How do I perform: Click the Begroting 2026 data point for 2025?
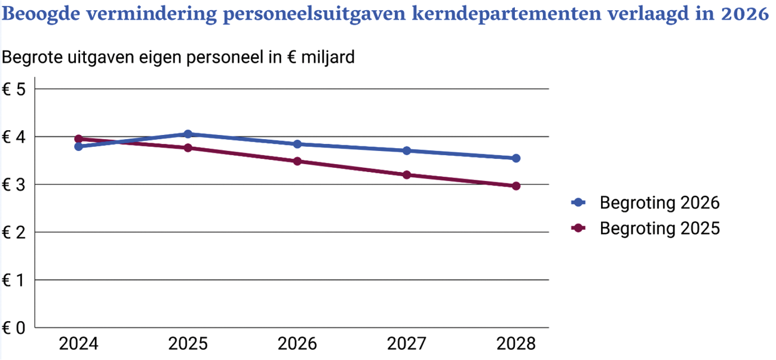click(x=188, y=134)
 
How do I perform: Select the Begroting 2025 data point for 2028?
click(x=516, y=186)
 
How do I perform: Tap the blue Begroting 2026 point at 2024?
click(x=78, y=146)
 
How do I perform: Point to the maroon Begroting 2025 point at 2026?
click(x=297, y=161)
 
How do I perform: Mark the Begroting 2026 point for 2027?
click(x=407, y=150)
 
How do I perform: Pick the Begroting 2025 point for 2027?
click(x=407, y=175)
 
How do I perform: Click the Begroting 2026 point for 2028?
click(x=516, y=158)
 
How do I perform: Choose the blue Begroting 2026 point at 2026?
click(x=297, y=144)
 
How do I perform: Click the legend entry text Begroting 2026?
click(x=660, y=203)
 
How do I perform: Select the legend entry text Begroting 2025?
click(x=660, y=229)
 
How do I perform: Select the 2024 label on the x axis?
click(x=78, y=344)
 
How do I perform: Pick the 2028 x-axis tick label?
click(x=516, y=344)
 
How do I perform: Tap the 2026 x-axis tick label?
click(x=297, y=344)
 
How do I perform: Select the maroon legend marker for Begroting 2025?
click(x=578, y=229)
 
